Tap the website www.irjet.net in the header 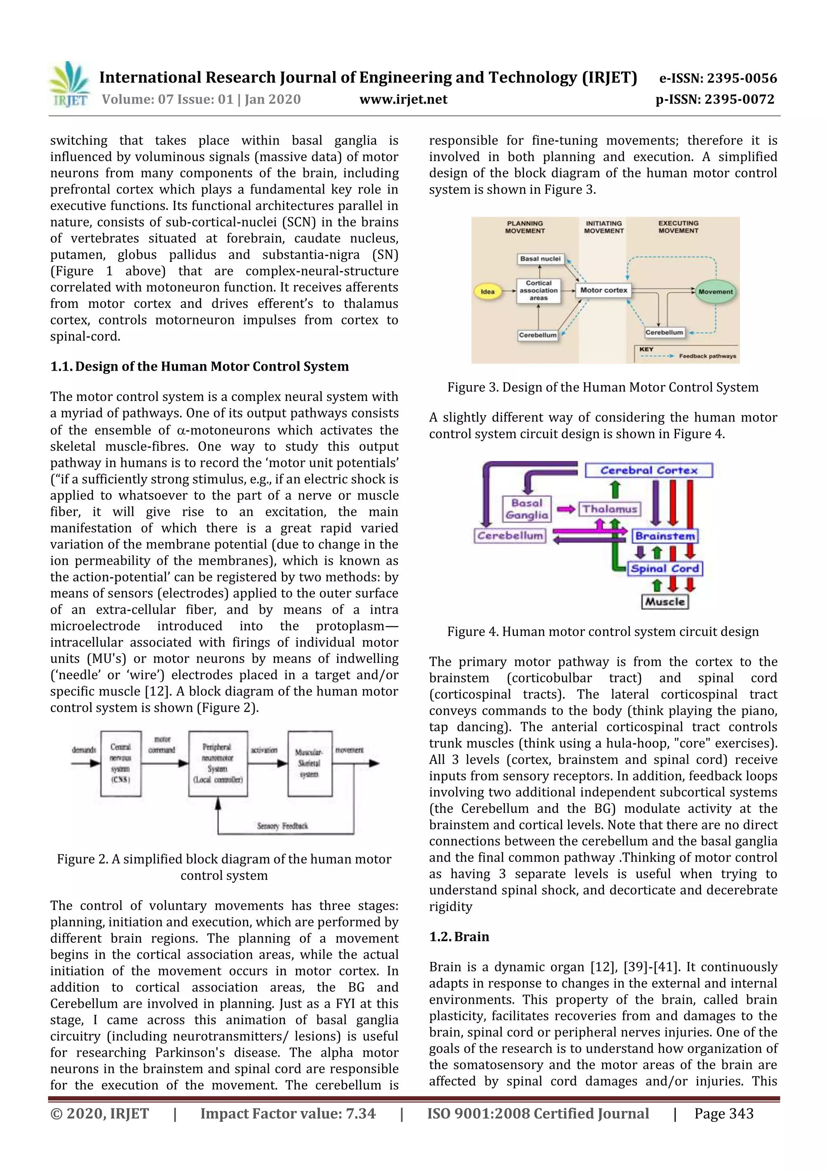403,100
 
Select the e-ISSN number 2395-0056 718,78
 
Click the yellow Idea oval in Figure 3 488,291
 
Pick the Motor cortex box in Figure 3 604,290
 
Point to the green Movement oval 715,291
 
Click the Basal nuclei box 540,259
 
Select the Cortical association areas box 538,290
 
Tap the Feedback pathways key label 707,356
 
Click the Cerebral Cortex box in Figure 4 648,470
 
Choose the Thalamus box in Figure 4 610,509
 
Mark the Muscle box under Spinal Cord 664,601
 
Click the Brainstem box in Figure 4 665,536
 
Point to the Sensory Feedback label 282,825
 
